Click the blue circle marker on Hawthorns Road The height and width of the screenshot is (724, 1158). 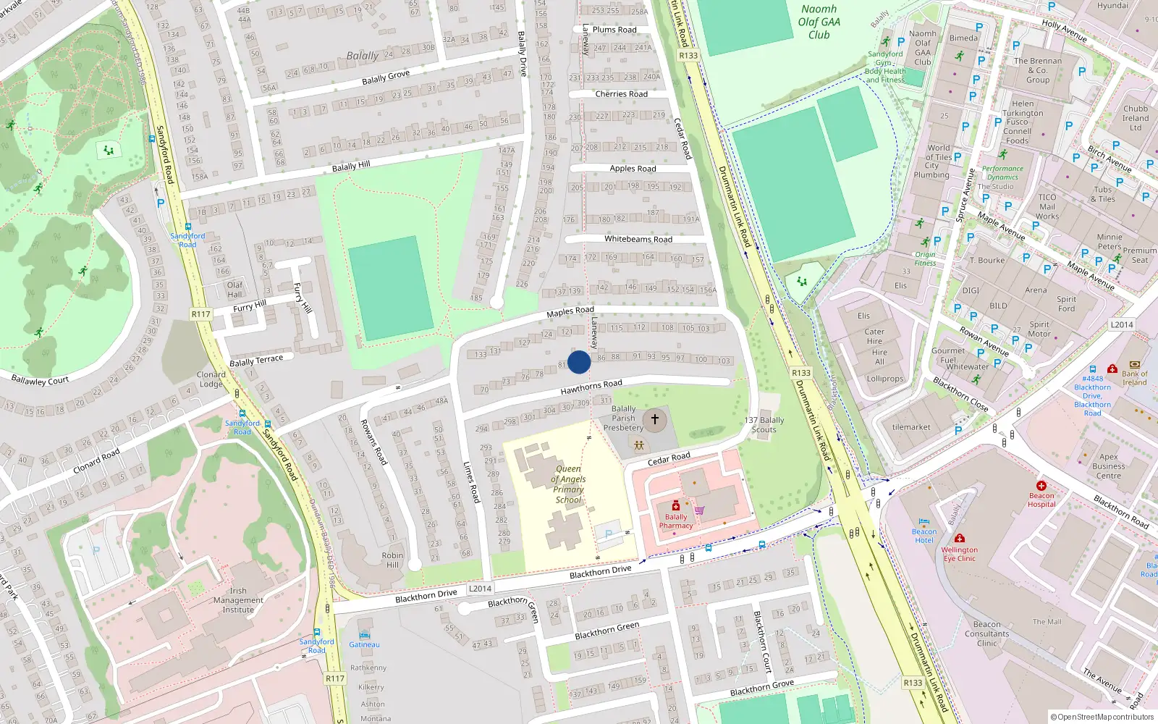coord(579,362)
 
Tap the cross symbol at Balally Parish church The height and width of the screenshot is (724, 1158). coord(655,419)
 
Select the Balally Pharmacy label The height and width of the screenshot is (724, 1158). coord(675,521)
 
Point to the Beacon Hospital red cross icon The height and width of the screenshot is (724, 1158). coord(1041,486)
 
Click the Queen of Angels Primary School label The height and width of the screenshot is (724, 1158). coord(568,484)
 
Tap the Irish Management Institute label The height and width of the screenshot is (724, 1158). coord(238,600)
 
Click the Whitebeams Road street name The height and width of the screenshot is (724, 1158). coord(638,239)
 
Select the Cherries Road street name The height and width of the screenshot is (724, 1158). coord(621,94)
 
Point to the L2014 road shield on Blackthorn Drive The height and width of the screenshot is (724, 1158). coord(480,589)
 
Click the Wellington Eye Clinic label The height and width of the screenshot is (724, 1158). coord(959,554)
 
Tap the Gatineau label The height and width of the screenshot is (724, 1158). coord(364,644)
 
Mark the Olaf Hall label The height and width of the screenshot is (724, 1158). coord(234,290)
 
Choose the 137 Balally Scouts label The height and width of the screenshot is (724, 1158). coord(764,425)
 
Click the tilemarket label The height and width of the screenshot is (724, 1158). coord(911,427)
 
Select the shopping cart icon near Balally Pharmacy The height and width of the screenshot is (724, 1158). coord(699,510)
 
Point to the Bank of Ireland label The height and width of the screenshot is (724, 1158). coord(1134,378)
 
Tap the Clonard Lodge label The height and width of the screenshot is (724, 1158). coord(211,379)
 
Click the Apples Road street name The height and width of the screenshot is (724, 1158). coord(633,169)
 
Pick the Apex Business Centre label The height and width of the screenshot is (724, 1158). coord(1108,466)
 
